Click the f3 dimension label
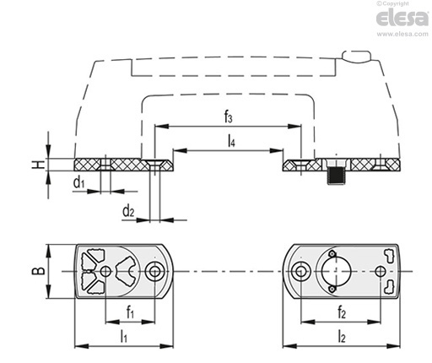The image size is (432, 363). pyautogui.click(x=228, y=117)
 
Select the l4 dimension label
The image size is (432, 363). pyautogui.click(x=231, y=141)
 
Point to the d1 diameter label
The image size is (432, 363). pyautogui.click(x=78, y=182)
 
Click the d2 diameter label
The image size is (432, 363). pyautogui.click(x=128, y=211)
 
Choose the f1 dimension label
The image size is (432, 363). pyautogui.click(x=130, y=312)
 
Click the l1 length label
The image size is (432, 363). pyautogui.click(x=123, y=337)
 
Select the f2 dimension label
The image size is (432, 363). pyautogui.click(x=342, y=312)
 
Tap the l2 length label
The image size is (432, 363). pyautogui.click(x=342, y=337)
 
